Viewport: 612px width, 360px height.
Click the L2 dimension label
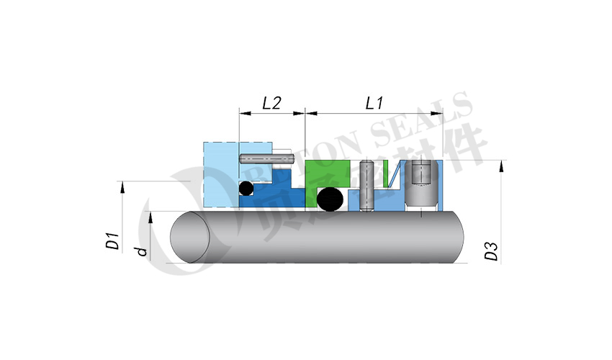point(271,103)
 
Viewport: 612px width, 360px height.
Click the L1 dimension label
point(374,103)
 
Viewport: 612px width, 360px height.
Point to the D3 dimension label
point(492,252)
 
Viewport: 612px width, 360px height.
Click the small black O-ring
point(246,189)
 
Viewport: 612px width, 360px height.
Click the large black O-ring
point(330,199)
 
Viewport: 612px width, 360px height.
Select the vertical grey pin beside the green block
point(366,186)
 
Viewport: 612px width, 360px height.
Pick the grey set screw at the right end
point(420,184)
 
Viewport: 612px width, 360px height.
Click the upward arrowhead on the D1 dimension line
point(123,186)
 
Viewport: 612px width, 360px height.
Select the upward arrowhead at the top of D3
point(499,165)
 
